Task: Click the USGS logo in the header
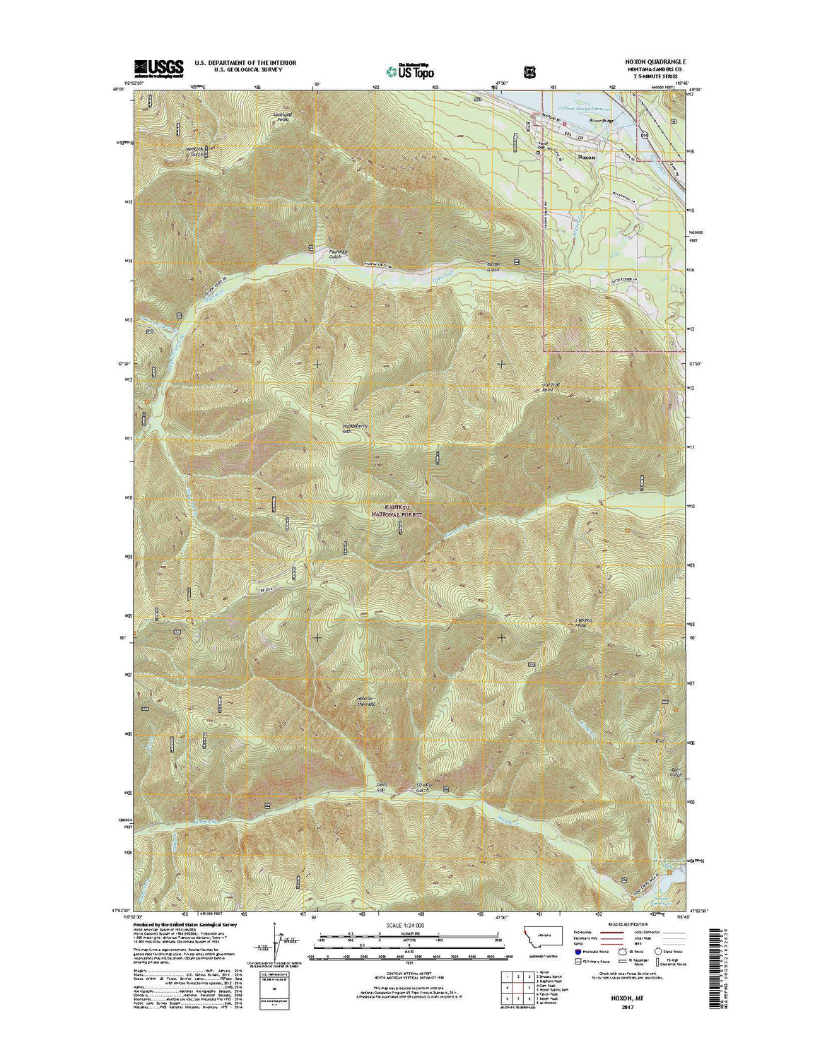(158, 67)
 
